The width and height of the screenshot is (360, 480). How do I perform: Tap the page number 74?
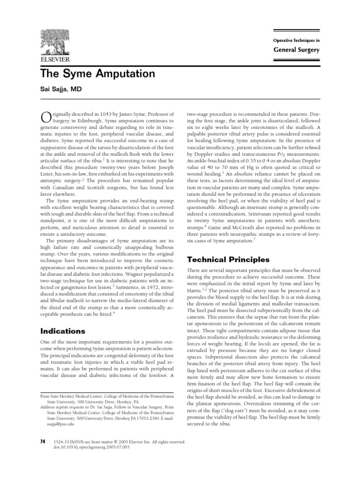(x=44, y=442)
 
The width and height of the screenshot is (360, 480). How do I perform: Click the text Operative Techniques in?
(x=297, y=41)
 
